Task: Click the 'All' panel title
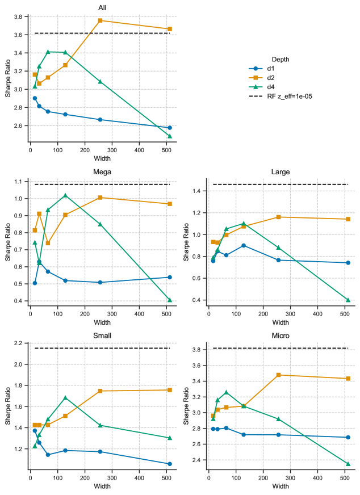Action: [x=102, y=7]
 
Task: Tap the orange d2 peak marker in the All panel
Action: [x=100, y=20]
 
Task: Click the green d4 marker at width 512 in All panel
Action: [x=170, y=136]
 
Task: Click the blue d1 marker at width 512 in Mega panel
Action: [x=170, y=277]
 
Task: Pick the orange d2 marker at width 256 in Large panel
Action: [x=278, y=217]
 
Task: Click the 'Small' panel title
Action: [x=102, y=335]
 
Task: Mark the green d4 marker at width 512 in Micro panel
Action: [x=348, y=464]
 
